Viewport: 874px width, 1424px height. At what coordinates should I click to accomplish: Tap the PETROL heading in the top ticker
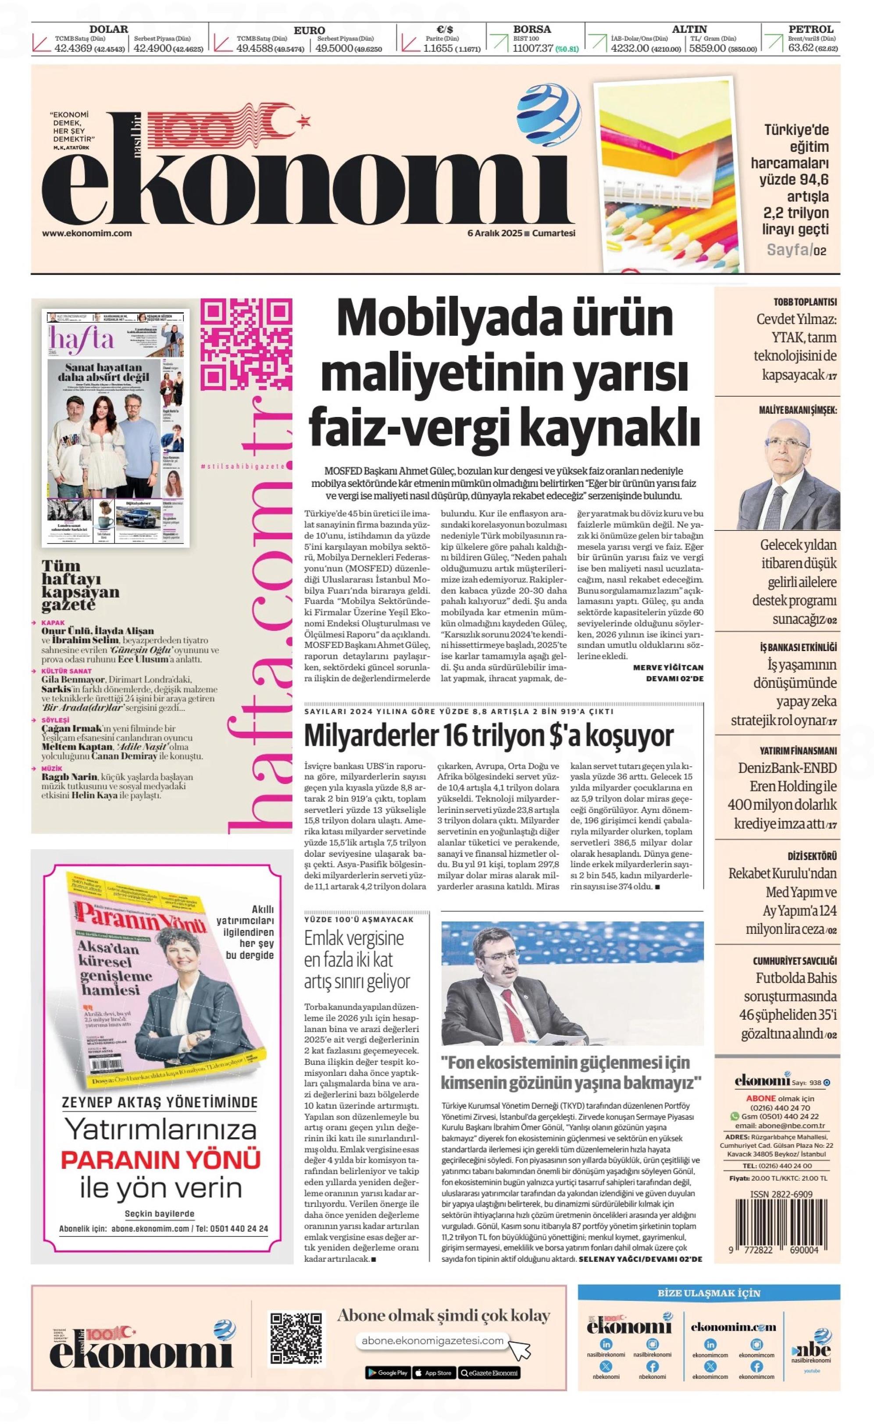810,29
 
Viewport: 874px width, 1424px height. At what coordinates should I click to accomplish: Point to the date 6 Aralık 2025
494,234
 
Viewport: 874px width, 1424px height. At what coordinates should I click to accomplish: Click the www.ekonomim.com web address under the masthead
87,234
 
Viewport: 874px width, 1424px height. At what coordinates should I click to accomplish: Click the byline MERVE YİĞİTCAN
668,667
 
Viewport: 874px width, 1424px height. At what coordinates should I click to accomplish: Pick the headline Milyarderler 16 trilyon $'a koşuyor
489,736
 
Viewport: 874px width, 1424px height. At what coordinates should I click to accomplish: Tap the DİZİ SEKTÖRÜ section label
812,856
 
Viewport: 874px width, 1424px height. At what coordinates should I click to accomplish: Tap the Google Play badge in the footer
387,1373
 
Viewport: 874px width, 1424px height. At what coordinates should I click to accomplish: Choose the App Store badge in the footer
434,1373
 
